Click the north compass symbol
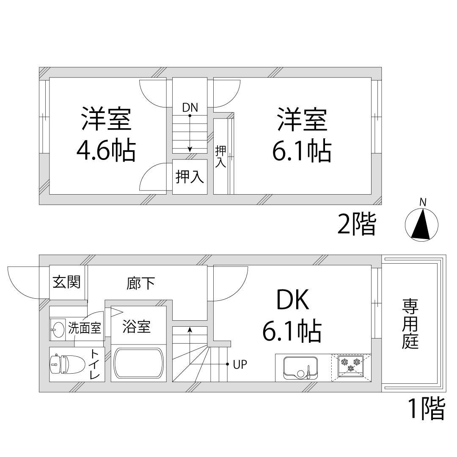point(421,225)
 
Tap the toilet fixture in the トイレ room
point(59,363)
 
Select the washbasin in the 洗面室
point(58,328)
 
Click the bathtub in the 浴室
point(138,364)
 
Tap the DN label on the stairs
point(190,107)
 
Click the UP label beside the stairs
point(240,364)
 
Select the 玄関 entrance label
point(66,282)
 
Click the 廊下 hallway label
point(140,284)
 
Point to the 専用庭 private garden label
point(410,324)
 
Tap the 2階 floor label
point(356,225)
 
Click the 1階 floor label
point(426,408)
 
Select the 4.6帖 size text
point(106,151)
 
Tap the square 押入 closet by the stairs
point(190,177)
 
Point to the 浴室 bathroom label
point(136,327)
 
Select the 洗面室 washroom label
point(85,328)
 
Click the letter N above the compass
point(422,203)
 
